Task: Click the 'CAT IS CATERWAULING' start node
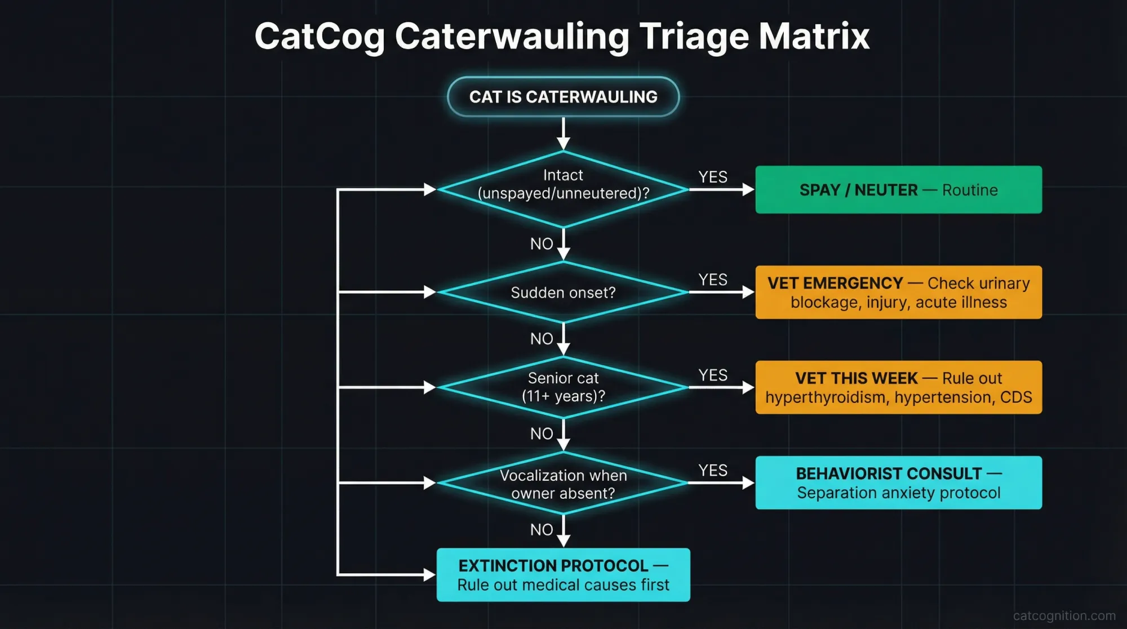(x=563, y=97)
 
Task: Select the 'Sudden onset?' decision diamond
(x=563, y=293)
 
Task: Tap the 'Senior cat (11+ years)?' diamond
(x=563, y=387)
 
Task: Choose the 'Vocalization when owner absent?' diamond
(x=563, y=484)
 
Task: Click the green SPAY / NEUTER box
(x=898, y=190)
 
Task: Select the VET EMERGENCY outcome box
(x=898, y=293)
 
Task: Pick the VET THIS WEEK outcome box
(x=898, y=387)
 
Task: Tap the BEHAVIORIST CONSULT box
(x=898, y=483)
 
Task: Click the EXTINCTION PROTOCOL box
(x=563, y=575)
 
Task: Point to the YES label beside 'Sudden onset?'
(x=713, y=280)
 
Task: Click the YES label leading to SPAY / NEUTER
(x=713, y=177)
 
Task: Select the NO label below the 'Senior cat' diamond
(x=542, y=434)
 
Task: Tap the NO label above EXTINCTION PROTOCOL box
(x=542, y=530)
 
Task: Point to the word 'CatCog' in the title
(x=320, y=37)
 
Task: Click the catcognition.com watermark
(x=1064, y=616)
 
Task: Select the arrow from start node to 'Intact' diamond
(x=563, y=134)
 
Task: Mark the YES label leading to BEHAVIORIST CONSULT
(x=713, y=471)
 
